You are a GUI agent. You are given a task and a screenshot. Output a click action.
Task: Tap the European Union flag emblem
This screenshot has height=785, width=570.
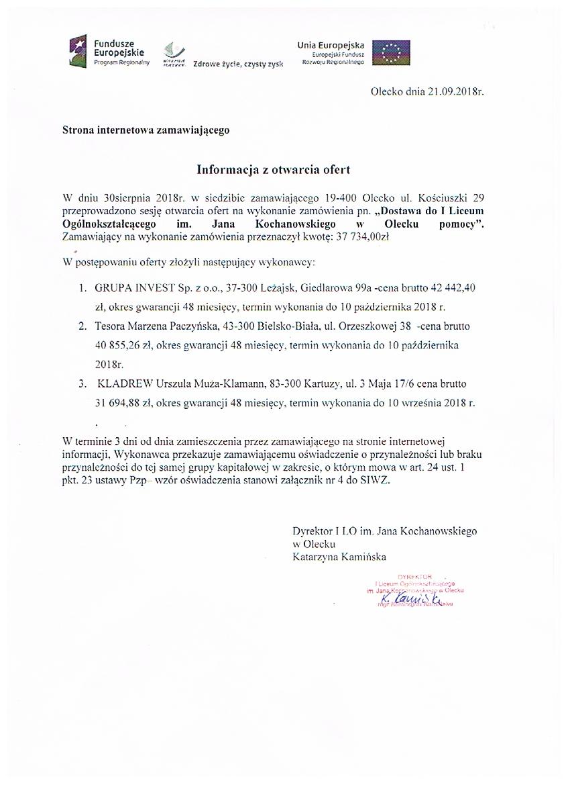[x=391, y=52]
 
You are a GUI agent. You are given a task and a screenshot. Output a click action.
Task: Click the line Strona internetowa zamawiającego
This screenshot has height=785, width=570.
[x=146, y=130]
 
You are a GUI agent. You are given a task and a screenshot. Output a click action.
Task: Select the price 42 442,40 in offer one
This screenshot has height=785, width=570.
[x=453, y=287]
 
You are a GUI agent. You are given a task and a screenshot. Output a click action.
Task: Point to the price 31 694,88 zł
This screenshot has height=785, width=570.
[x=124, y=403]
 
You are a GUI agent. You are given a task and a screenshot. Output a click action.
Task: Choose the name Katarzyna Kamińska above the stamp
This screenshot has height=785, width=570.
[x=339, y=556]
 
